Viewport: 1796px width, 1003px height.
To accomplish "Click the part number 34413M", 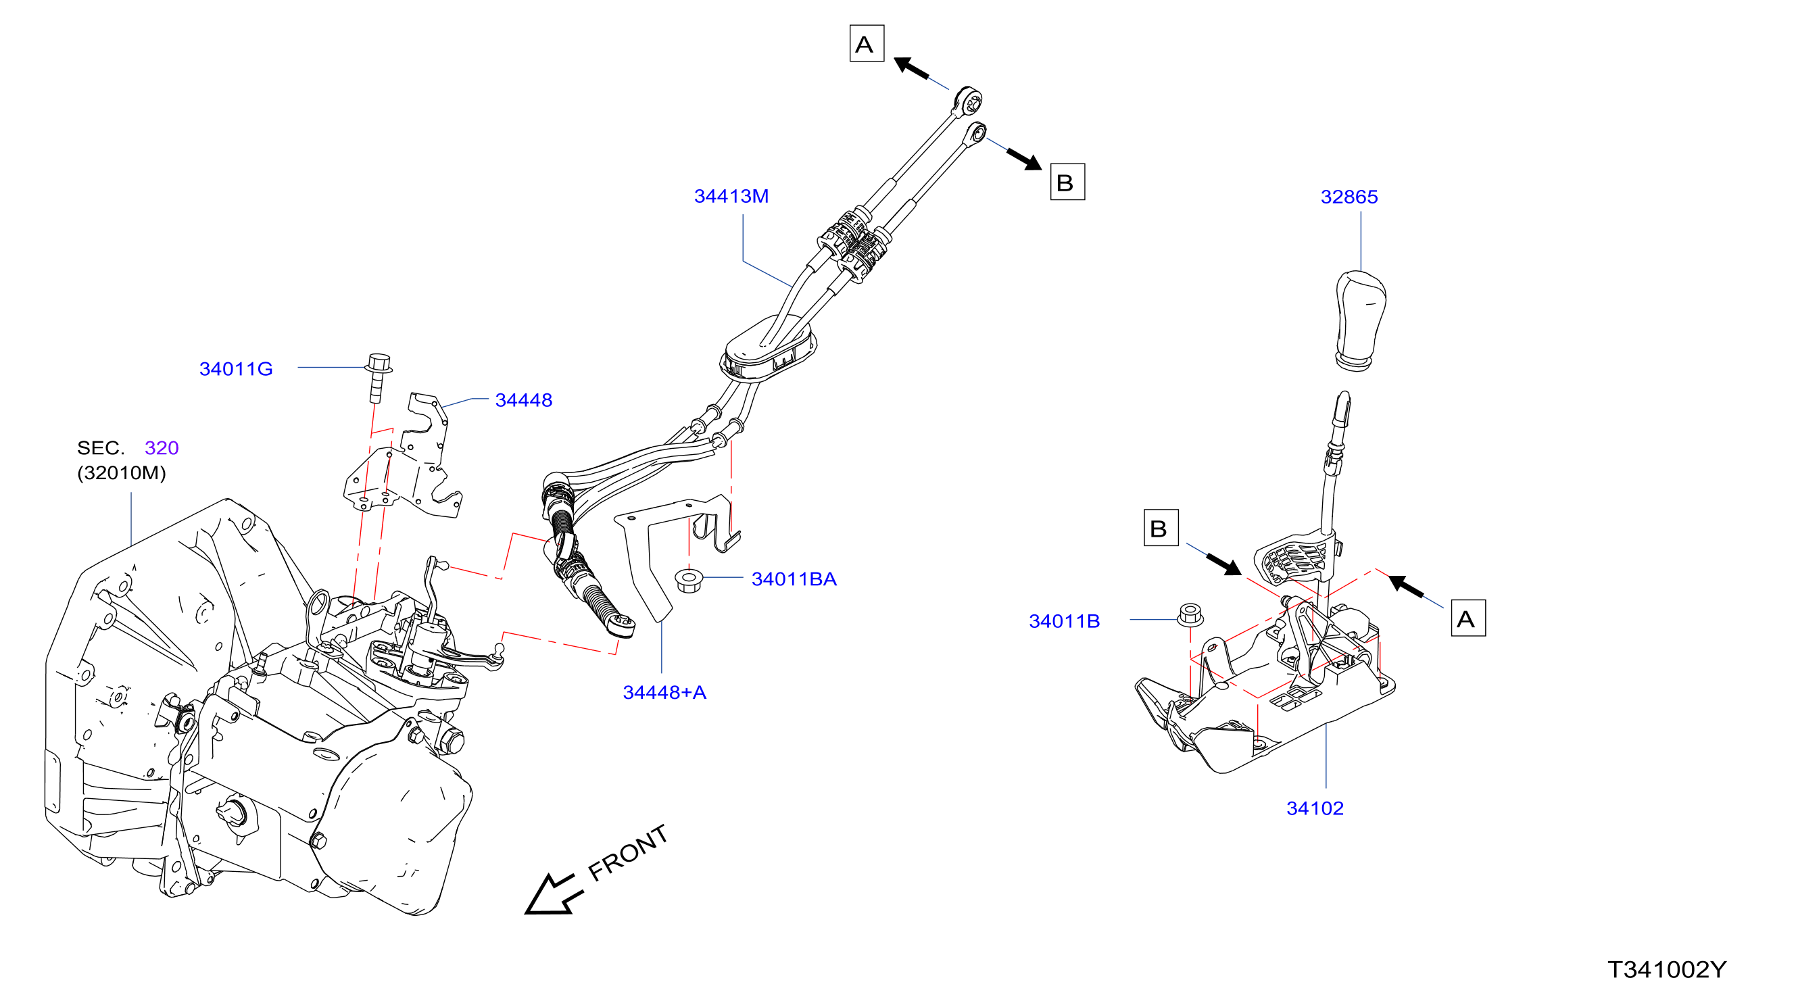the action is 731,197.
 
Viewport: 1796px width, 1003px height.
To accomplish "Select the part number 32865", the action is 1349,197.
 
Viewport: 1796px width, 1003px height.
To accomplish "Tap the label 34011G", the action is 236,369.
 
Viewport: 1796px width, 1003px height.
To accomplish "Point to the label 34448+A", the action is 664,692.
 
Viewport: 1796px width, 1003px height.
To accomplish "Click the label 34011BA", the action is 794,579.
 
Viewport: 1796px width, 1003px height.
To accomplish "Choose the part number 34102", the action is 1315,808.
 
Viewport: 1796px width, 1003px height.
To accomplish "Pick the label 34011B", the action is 1065,621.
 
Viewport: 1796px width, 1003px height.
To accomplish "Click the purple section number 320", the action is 162,447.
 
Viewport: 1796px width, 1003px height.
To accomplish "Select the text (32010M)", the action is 122,473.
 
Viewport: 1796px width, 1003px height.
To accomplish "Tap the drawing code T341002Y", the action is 1667,969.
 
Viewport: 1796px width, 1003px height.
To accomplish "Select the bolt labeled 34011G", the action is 379,378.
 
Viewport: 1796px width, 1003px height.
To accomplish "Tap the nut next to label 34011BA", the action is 689,580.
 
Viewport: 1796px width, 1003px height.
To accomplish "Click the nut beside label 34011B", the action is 1190,615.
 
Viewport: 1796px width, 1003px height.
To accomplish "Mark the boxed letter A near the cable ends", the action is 867,44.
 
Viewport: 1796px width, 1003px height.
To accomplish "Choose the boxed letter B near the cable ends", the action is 1067,182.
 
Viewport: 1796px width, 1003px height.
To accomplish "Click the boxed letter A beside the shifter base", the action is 1467,618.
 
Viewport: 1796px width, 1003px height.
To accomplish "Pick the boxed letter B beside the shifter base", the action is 1161,528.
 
